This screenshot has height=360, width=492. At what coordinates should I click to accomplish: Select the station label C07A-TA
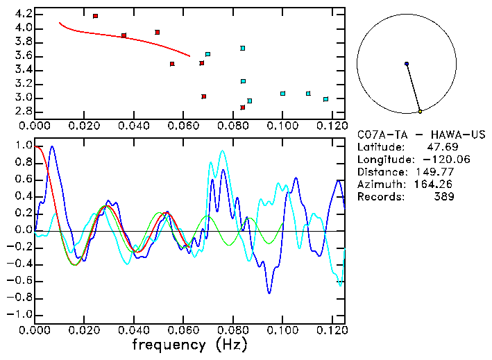(x=379, y=134)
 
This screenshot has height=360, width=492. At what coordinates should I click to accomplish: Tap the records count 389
(x=444, y=197)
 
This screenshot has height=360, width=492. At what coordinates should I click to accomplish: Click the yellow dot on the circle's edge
(x=420, y=111)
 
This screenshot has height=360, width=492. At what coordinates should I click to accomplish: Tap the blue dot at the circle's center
(x=407, y=64)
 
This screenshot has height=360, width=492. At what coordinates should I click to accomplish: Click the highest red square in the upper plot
(x=95, y=16)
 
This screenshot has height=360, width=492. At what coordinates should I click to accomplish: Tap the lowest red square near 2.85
(x=243, y=108)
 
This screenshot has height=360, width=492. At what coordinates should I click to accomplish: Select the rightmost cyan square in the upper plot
(x=325, y=99)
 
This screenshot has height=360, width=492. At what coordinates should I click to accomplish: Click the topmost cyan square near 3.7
(x=242, y=48)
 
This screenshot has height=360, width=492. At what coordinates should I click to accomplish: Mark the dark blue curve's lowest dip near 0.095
(x=269, y=293)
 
